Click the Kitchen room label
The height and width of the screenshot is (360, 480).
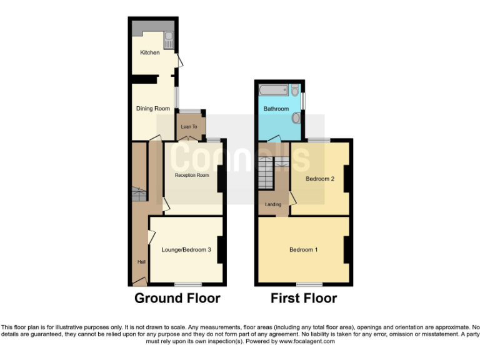pos(149,52)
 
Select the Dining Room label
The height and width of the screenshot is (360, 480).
pos(153,109)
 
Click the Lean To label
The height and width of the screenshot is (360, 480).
pos(189,127)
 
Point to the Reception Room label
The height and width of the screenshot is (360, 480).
pos(192,176)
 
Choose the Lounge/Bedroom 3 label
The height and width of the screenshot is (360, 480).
pos(186,250)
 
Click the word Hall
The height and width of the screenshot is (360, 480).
pos(141,262)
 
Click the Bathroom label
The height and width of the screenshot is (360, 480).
pos(276,109)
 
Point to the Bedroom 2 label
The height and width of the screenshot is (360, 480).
pos(320,179)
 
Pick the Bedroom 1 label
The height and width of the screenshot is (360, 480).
pos(304,250)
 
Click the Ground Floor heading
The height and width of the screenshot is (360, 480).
pos(177,298)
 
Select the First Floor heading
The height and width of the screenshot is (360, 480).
pos(304,298)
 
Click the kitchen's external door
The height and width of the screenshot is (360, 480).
pos(179,61)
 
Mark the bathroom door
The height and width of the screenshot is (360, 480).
pos(274,139)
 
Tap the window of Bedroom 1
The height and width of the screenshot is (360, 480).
pos(305,284)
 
